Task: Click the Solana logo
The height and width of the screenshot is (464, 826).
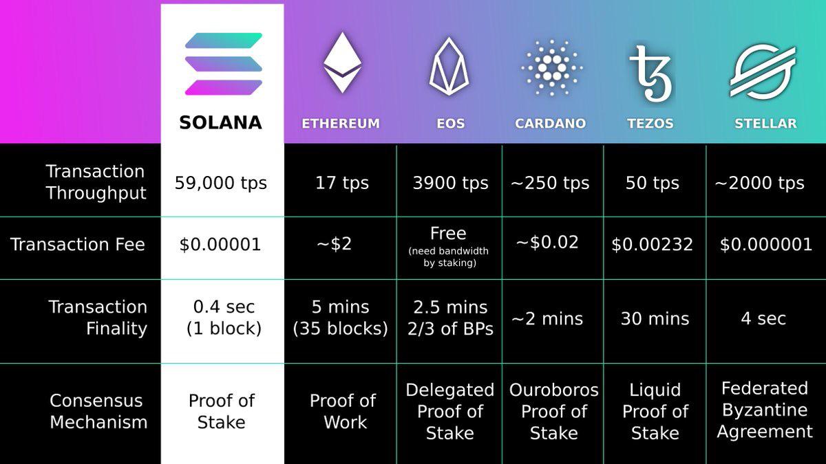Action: click(x=223, y=64)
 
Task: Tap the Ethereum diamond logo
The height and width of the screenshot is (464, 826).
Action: click(x=342, y=63)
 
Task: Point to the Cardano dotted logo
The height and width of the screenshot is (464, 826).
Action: click(x=551, y=66)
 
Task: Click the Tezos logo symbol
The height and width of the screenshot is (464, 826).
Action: click(x=650, y=73)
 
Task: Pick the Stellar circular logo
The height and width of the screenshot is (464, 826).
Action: click(x=763, y=70)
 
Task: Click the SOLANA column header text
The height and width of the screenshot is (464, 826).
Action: click(x=221, y=123)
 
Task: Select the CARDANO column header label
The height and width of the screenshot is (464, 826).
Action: click(x=550, y=124)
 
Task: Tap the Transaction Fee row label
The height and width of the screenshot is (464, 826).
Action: click(x=78, y=245)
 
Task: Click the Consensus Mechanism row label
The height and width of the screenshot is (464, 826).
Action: click(x=98, y=411)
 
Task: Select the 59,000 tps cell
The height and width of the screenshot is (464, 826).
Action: click(x=221, y=184)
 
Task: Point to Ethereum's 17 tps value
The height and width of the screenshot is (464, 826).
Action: click(x=342, y=184)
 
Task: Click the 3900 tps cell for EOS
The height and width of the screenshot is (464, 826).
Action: click(x=450, y=184)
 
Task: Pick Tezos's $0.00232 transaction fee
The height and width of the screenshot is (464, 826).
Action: click(x=652, y=245)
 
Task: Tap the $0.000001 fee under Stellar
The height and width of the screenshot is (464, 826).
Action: click(x=766, y=245)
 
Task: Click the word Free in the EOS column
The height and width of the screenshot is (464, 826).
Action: click(x=448, y=234)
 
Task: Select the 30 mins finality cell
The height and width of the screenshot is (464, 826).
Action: click(x=655, y=319)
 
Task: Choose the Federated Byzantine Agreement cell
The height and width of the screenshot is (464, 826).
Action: click(x=765, y=410)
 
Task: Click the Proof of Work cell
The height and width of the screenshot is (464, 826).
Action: click(x=343, y=411)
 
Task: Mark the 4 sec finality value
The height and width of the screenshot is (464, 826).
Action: click(x=763, y=319)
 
